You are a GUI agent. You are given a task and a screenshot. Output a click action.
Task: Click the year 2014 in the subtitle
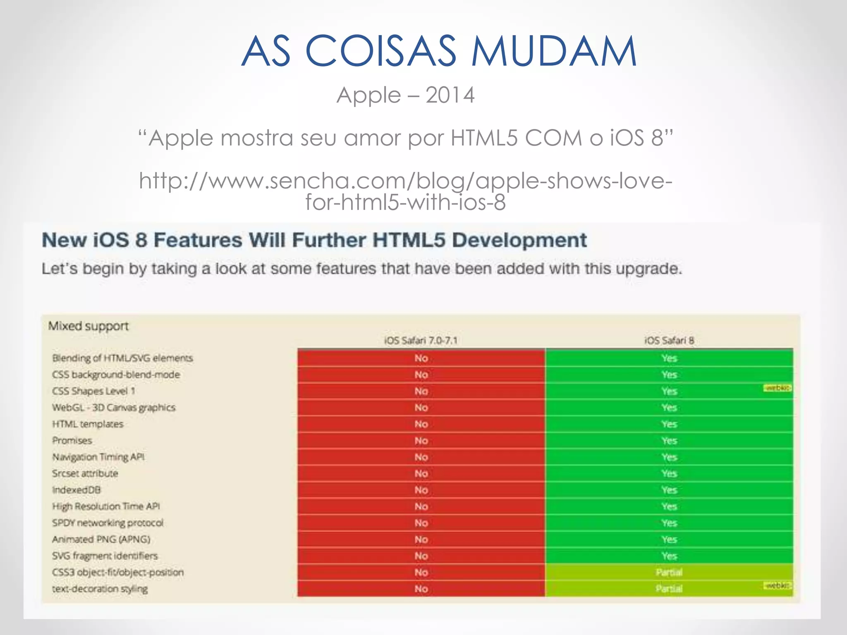(x=450, y=95)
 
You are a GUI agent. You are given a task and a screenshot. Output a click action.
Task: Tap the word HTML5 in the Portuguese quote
(x=484, y=138)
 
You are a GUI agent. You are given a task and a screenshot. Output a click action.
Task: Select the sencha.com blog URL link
(x=405, y=191)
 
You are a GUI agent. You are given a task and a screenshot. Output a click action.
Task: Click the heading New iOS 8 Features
(x=314, y=240)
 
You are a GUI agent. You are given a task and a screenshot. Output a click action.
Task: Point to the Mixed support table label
(x=88, y=326)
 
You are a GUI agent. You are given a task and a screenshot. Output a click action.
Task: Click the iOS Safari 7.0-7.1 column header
(x=421, y=340)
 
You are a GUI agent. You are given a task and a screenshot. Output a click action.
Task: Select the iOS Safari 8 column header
(x=669, y=340)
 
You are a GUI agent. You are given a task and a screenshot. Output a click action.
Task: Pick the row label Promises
(x=72, y=440)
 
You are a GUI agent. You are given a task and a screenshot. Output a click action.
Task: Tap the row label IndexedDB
(x=77, y=490)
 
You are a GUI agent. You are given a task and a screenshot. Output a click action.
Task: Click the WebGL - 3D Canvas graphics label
(x=114, y=408)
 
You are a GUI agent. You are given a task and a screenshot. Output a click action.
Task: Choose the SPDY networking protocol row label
(x=108, y=523)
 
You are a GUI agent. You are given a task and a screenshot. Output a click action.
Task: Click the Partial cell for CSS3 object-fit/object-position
(x=669, y=573)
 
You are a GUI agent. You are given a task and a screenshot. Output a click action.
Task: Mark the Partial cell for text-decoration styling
(x=669, y=589)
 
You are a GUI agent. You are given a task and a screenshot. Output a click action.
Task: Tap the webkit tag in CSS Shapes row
(x=777, y=388)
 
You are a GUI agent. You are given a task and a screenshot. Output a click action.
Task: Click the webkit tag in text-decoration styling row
(x=777, y=585)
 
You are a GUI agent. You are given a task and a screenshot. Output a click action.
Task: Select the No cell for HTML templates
(x=421, y=424)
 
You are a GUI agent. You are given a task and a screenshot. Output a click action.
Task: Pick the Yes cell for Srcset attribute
(x=669, y=473)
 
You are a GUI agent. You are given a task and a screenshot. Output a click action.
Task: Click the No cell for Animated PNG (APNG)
(x=421, y=540)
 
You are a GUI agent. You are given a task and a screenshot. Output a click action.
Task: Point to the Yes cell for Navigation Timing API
(x=669, y=457)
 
